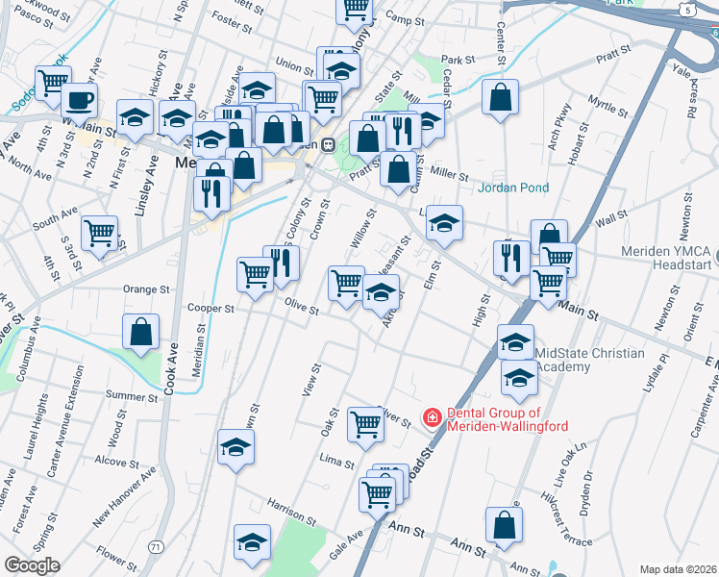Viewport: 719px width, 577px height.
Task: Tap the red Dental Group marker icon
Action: [433, 417]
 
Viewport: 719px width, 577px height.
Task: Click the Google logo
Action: [32, 565]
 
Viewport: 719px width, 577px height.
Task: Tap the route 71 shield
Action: [156, 546]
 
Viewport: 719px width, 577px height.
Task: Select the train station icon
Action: [328, 144]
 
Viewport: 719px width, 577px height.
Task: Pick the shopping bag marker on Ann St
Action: [505, 524]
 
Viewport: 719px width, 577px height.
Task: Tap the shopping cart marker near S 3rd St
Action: [100, 232]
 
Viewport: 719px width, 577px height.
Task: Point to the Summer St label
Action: [132, 395]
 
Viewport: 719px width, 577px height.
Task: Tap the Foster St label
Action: [231, 17]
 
